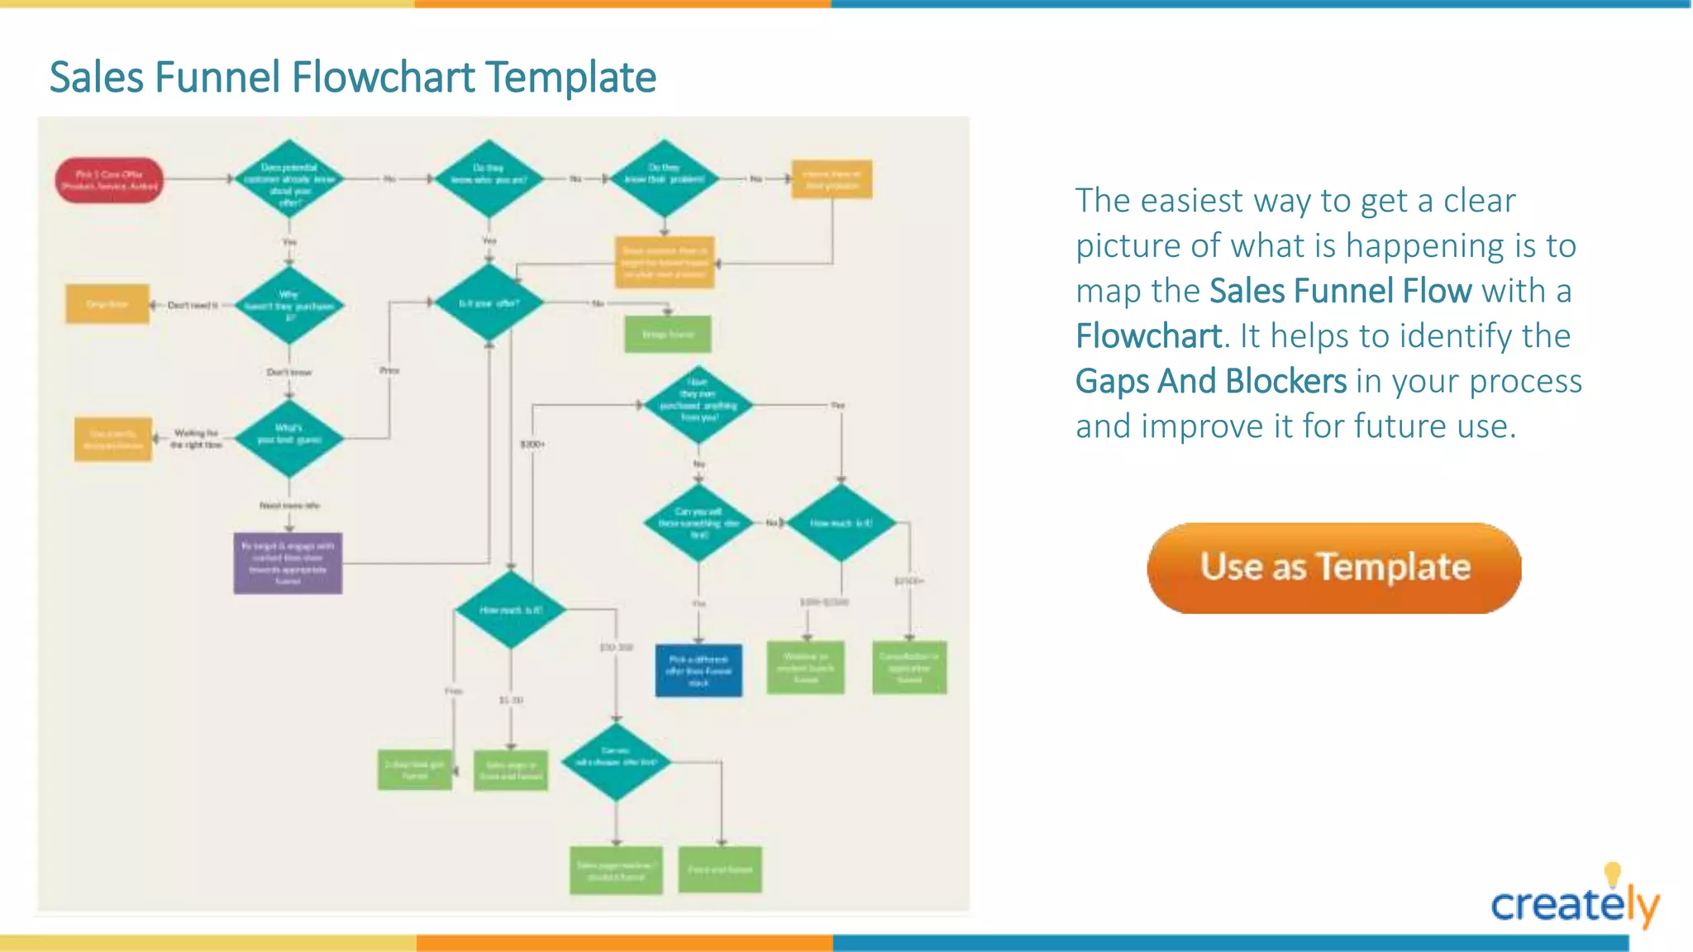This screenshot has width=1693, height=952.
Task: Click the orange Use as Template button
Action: [x=1333, y=568]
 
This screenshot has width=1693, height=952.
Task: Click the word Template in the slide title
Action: [x=570, y=78]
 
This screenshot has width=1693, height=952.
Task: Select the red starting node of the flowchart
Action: [x=109, y=180]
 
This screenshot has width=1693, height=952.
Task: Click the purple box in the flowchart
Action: [x=288, y=563]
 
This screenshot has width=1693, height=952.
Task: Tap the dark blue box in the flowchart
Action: [x=699, y=670]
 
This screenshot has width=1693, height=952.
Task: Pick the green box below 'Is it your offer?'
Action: [x=668, y=335]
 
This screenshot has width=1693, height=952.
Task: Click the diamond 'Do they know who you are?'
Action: [x=489, y=178]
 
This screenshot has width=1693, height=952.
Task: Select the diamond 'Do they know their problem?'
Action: [x=664, y=178]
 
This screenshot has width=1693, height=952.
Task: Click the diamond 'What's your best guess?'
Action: [x=289, y=438]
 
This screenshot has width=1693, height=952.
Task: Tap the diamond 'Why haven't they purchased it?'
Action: [x=289, y=305]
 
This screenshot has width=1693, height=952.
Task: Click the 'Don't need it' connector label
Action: [x=192, y=305]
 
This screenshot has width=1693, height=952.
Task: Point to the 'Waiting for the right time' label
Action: [x=196, y=439]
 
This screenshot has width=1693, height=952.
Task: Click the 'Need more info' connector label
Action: [x=289, y=505]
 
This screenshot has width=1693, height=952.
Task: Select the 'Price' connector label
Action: [x=389, y=370]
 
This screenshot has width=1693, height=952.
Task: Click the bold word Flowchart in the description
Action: [x=1148, y=336]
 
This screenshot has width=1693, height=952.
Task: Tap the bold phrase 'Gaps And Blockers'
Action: [x=1210, y=382]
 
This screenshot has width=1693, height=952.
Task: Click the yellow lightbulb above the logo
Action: [x=1612, y=873]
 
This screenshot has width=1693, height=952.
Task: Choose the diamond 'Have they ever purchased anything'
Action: [x=699, y=405]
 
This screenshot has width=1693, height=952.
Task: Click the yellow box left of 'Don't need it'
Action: [x=107, y=304]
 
